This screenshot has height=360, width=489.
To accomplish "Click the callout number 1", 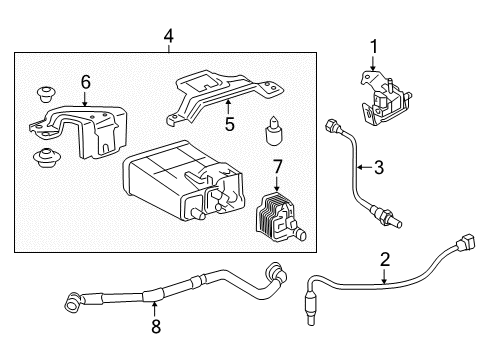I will click(x=374, y=46).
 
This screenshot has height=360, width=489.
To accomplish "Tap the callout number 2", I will click(x=384, y=261).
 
